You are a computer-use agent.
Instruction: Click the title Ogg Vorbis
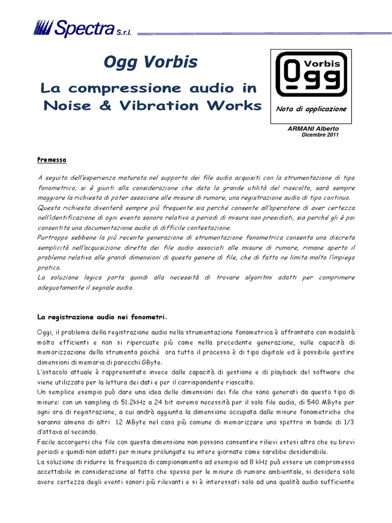click(151, 63)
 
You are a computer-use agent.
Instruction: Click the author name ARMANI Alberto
click(312, 129)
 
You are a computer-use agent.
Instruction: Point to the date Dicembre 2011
click(320, 135)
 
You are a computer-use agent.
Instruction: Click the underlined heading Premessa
click(52, 160)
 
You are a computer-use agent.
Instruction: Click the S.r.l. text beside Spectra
click(124, 32)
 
